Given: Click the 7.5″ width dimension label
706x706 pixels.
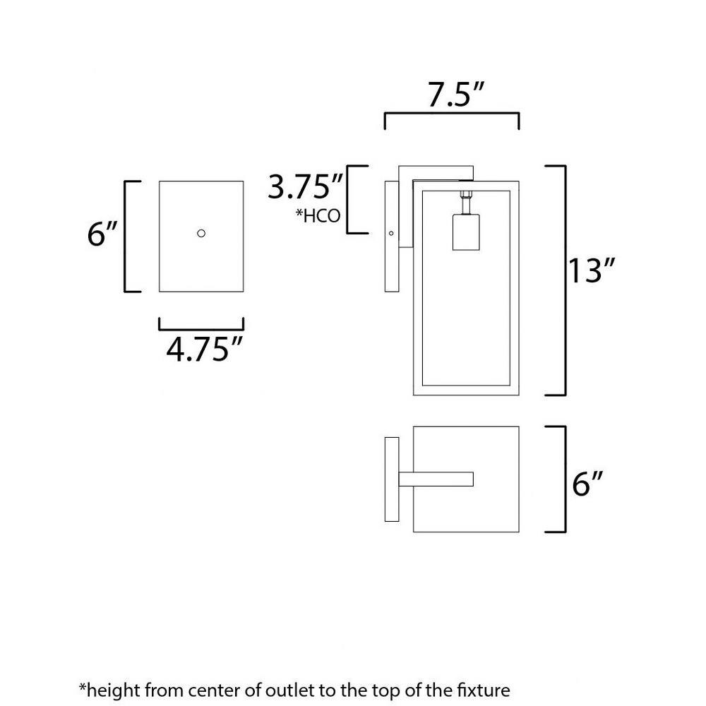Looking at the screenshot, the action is pyautogui.click(x=455, y=95).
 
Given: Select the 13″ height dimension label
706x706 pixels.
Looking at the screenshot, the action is pyautogui.click(x=592, y=270).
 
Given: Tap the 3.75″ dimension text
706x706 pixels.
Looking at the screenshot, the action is pyautogui.click(x=306, y=186).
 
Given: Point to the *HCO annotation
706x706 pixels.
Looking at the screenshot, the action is pyautogui.click(x=318, y=216).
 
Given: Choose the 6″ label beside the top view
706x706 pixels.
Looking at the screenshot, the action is pyautogui.click(x=587, y=484).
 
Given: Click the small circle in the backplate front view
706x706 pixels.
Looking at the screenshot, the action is pyautogui.click(x=201, y=233).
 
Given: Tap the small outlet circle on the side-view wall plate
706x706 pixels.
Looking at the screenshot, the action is pyautogui.click(x=391, y=233).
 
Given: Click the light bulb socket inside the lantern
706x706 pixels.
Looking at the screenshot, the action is pyautogui.click(x=465, y=232).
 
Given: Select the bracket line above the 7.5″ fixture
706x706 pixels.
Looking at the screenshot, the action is pyautogui.click(x=452, y=114).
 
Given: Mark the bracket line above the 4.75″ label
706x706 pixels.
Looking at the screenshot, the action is pyautogui.click(x=201, y=329).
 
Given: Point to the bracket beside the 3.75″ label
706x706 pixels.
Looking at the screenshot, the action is pyautogui.click(x=348, y=200).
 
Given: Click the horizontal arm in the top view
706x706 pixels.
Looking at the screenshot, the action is pyautogui.click(x=436, y=479).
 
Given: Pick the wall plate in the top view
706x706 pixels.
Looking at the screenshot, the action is pyautogui.click(x=392, y=479).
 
